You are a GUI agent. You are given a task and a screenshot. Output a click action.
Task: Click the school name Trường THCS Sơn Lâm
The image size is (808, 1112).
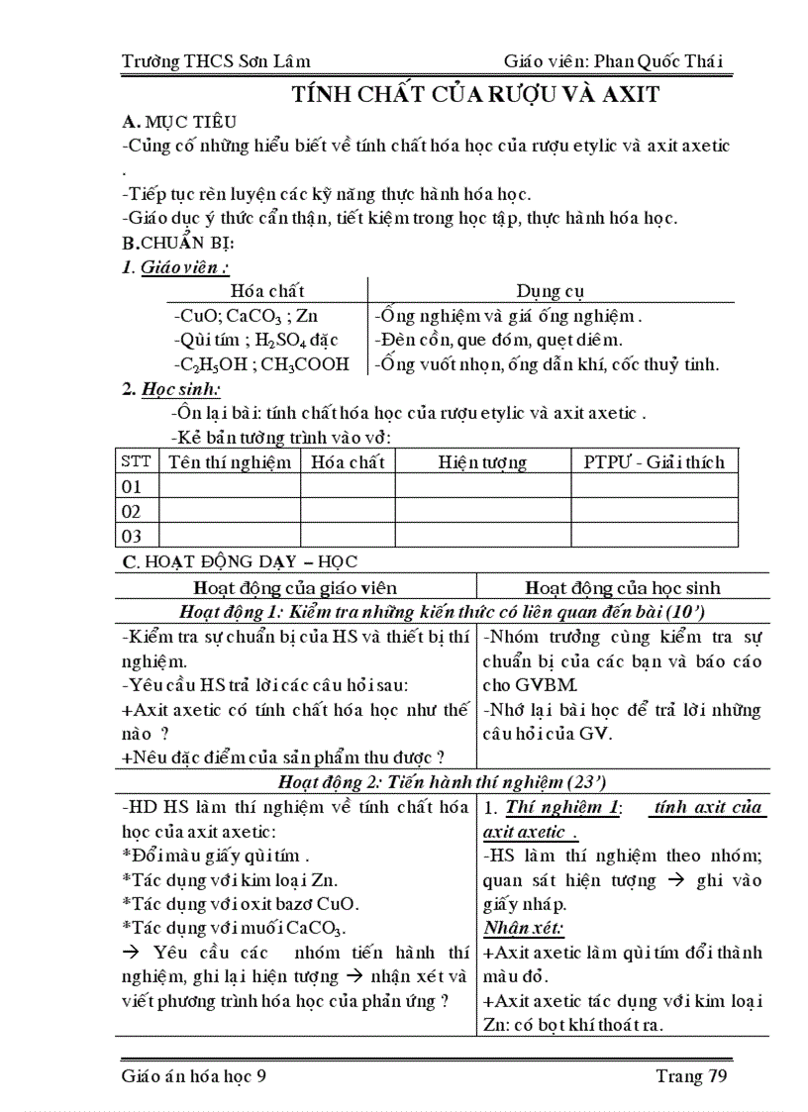coord(215,60)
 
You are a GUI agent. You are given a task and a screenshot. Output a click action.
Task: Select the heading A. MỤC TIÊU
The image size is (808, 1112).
coord(178,123)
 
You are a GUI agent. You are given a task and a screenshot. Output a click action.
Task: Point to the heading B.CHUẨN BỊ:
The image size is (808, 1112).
coord(178,243)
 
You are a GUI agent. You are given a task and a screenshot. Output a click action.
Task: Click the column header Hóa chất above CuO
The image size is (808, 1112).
coord(267,291)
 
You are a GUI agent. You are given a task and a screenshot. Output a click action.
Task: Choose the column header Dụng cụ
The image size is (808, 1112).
coord(551,291)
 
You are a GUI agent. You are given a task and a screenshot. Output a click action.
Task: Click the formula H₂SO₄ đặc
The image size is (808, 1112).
coord(296,340)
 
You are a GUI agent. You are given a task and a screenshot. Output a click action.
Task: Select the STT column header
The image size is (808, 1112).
coord(137,461)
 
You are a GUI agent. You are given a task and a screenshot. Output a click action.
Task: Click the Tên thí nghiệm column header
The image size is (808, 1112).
coord(230,461)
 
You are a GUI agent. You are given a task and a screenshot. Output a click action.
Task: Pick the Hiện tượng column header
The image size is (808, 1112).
coord(482,461)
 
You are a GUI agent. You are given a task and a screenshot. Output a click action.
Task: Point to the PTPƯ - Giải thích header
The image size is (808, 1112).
coord(654,461)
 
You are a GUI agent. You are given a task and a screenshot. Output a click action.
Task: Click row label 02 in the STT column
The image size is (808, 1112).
coord(132,511)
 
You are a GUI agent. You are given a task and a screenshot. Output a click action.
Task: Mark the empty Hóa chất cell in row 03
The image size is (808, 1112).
coord(348,536)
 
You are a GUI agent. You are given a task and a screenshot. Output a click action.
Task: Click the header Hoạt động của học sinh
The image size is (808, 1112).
coord(622,587)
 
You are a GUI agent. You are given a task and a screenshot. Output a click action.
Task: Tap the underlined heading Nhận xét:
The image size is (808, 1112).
coord(524,929)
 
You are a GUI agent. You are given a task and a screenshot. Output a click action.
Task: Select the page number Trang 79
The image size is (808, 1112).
coord(691,1076)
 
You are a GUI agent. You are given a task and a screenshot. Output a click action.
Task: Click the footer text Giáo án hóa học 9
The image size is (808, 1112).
coord(194,1076)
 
